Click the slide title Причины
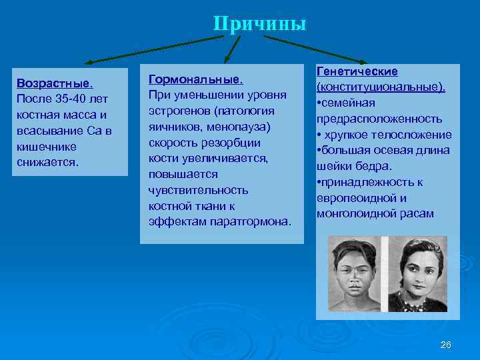(x=260, y=24)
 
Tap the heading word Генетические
(x=357, y=71)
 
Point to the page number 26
(x=446, y=344)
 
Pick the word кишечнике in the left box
(x=46, y=147)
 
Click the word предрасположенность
(x=379, y=119)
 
